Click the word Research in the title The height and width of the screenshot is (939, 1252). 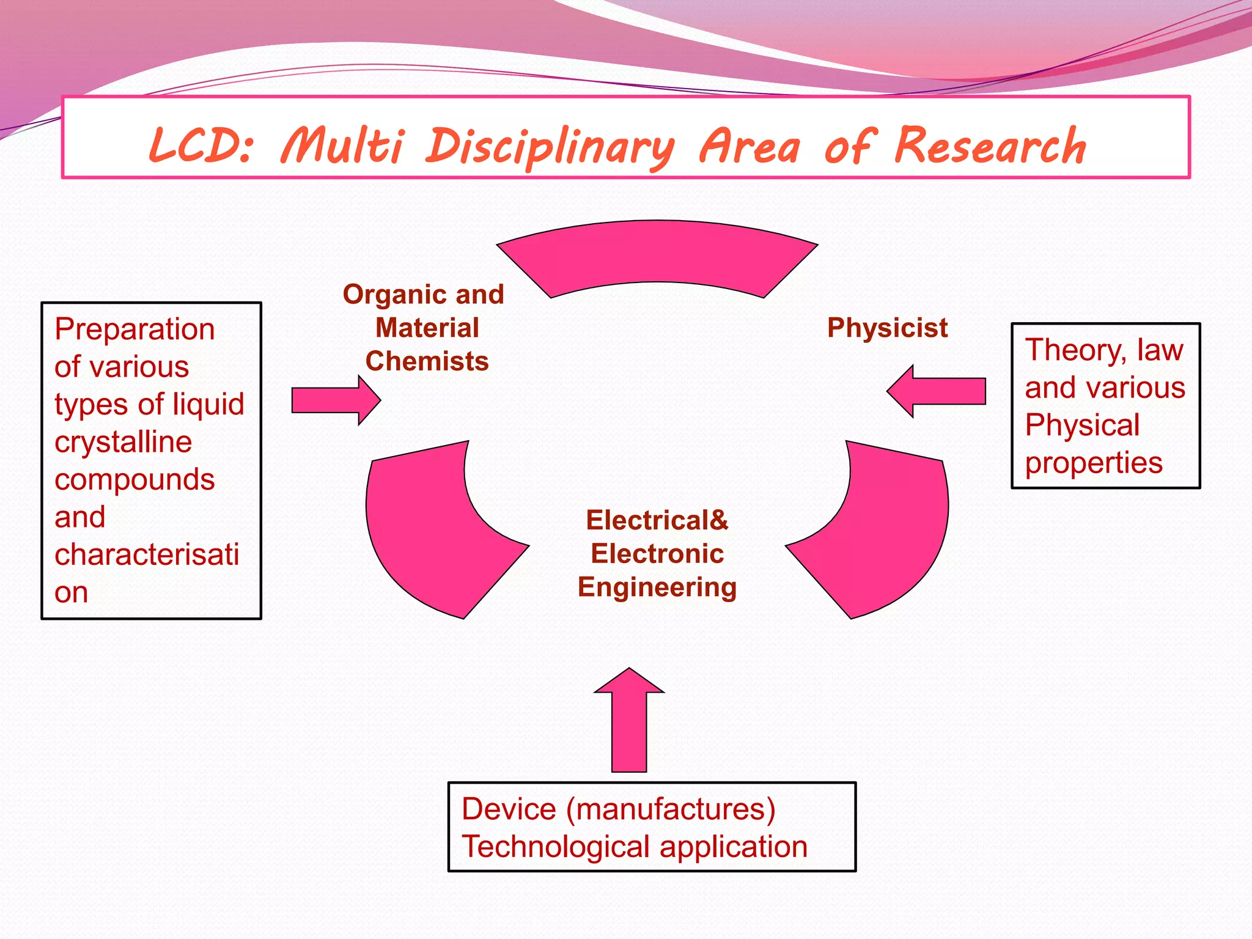pyautogui.click(x=990, y=147)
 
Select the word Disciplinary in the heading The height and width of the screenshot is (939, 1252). pyautogui.click(x=550, y=147)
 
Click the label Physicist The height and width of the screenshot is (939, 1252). pyautogui.click(x=887, y=328)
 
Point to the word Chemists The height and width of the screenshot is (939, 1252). pyautogui.click(x=427, y=361)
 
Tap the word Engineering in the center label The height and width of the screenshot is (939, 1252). pyautogui.click(x=657, y=587)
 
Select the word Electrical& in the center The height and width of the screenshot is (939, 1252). pyautogui.click(x=657, y=520)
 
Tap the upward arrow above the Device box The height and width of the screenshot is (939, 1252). pyautogui.click(x=629, y=721)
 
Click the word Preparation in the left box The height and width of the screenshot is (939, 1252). pyautogui.click(x=134, y=330)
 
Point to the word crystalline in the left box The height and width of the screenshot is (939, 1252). pyautogui.click(x=123, y=442)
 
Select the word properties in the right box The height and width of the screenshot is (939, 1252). pyautogui.click(x=1094, y=463)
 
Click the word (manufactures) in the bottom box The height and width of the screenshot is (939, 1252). pyautogui.click(x=671, y=809)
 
